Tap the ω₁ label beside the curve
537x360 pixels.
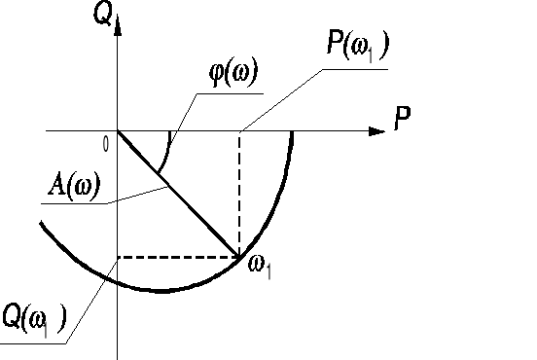pyautogui.click(x=259, y=265)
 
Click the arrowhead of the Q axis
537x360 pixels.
pyautogui.click(x=117, y=24)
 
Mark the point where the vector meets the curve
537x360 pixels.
pyautogui.click(x=239, y=257)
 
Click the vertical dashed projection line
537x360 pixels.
pyautogui.click(x=239, y=195)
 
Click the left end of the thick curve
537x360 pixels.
pyautogui.click(x=42, y=225)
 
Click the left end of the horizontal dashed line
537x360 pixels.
pyautogui.click(x=118, y=257)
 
